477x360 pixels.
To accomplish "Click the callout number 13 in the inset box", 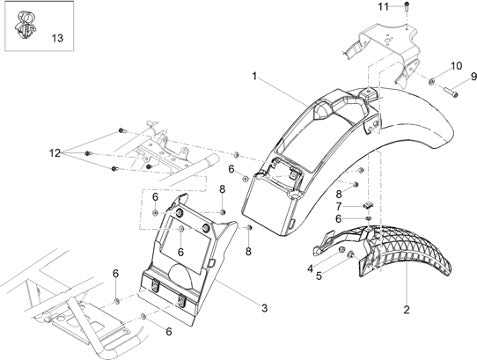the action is pos(57,38).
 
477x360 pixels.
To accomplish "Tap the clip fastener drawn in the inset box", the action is pos(26,25).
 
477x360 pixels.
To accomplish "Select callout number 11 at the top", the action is pos(383,6).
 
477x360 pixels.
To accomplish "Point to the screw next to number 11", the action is pos(407,6).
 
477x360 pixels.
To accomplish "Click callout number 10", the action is pos(456,66).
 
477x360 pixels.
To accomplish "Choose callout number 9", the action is pos(474,77).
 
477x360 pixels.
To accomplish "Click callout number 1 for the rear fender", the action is pos(254,77).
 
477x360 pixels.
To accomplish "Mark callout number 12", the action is pos(55,153).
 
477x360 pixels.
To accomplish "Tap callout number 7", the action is pos(339,207).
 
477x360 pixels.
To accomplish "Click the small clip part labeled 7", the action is pos(368,206).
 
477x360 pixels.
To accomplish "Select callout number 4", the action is pos(310,268).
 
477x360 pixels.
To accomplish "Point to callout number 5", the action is pos(319,276).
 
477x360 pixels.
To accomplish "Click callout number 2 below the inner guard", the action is pos(406,310).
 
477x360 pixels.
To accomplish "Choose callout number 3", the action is pos(264,308).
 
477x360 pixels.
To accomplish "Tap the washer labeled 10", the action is pos(431,80).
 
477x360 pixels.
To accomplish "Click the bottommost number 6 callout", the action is pos(169,332).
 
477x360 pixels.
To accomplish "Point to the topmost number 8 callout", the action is pos(222,189).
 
